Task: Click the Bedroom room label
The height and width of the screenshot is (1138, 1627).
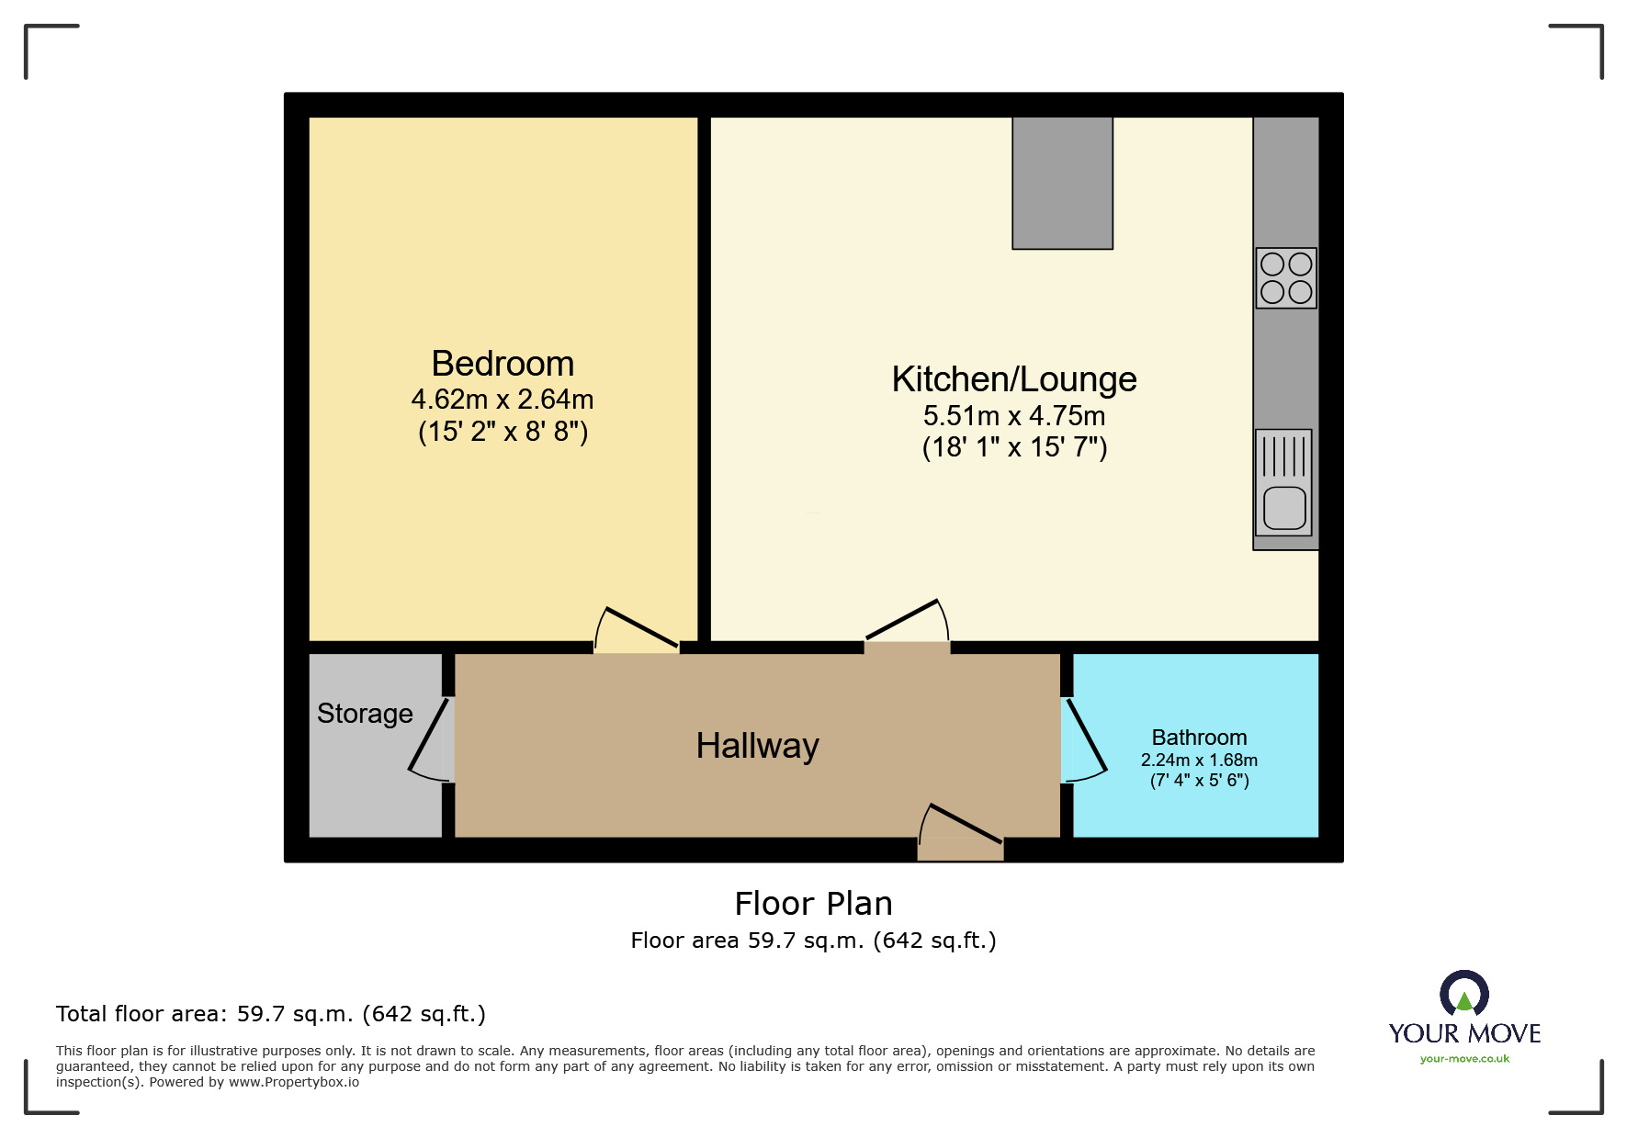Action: [503, 364]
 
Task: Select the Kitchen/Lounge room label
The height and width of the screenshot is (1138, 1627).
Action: [1014, 379]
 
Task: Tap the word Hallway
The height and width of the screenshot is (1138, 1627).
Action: [757, 746]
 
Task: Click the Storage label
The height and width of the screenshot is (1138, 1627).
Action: [365, 714]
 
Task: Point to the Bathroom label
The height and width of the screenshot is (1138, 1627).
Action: [1199, 738]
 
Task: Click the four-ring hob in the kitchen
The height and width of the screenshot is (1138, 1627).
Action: [1286, 278]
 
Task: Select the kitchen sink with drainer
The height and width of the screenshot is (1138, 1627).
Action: [1284, 483]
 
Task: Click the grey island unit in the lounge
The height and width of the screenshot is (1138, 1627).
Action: [1062, 183]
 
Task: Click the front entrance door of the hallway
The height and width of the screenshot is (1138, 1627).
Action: [961, 827]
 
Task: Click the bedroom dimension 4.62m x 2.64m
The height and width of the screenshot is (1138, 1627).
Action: [503, 400]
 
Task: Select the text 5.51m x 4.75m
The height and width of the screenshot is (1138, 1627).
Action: [1014, 416]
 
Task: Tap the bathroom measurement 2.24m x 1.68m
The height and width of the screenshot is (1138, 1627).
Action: [1199, 761]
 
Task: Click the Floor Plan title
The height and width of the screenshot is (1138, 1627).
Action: [813, 904]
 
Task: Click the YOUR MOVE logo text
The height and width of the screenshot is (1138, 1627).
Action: [1464, 1034]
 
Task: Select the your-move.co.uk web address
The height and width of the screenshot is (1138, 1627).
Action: [1464, 1059]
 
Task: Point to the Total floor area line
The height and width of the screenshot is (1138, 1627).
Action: [270, 1014]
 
